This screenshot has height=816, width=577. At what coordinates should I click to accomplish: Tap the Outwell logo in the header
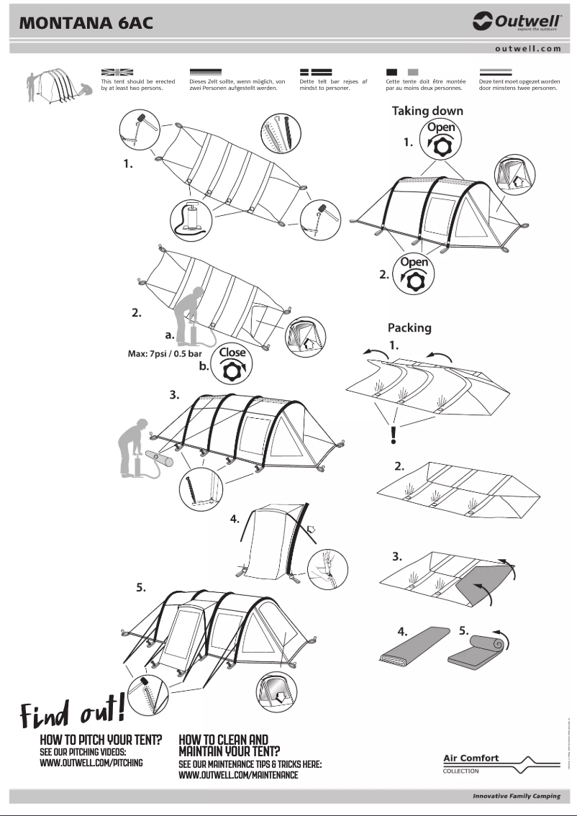pos(517,22)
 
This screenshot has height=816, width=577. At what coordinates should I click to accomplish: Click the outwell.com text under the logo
pos(527,49)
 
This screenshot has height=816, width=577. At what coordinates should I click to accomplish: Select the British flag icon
pos(118,73)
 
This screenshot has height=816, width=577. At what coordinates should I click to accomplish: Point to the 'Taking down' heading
pos(427,111)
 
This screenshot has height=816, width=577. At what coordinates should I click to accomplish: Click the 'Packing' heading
pos(409,327)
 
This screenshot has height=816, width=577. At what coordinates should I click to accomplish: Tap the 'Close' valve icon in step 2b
pos(232,364)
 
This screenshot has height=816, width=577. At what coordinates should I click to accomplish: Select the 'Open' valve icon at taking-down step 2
pos(414,273)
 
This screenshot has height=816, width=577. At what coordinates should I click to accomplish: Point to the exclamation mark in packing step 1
pos(394,435)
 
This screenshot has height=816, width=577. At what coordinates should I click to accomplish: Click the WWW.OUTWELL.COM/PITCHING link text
pos(91,763)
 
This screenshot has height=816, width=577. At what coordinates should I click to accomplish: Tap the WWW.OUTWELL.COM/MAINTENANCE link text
pos(238,775)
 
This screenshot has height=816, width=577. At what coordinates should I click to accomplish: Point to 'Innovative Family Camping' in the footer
pos(516,796)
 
